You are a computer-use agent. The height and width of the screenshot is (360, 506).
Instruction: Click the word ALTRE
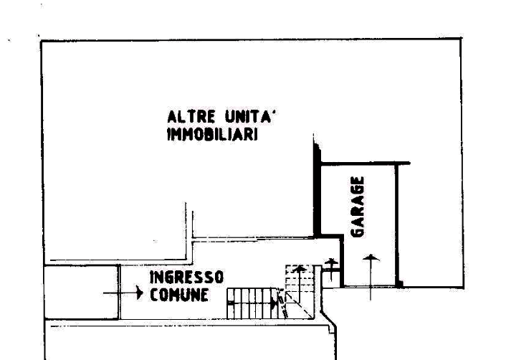[x=191, y=117]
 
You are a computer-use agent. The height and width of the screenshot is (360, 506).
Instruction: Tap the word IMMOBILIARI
[x=212, y=134]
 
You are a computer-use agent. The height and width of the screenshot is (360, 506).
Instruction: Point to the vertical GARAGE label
[x=358, y=207]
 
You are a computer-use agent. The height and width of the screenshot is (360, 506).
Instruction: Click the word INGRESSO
[x=186, y=278]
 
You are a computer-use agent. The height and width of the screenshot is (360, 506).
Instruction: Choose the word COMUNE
[x=179, y=295]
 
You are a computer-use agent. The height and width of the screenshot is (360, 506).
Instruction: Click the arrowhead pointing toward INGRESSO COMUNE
[x=140, y=293]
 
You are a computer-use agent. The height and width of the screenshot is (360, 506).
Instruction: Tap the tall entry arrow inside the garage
[x=371, y=277]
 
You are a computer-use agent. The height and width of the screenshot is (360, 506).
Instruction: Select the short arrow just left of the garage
[x=331, y=270]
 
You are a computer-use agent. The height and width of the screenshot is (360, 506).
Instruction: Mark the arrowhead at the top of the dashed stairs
[x=300, y=269]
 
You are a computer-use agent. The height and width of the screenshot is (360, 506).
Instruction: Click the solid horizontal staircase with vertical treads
[x=252, y=303]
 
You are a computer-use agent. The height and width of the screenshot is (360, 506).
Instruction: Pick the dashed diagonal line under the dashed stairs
[x=299, y=305]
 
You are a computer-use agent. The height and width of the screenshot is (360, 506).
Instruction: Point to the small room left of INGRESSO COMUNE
[x=81, y=292]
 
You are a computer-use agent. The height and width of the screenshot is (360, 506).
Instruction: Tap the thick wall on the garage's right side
[x=397, y=225]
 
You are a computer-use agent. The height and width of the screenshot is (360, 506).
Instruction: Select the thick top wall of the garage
[x=366, y=164]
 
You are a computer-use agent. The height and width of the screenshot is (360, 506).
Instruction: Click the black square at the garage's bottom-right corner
[x=399, y=284]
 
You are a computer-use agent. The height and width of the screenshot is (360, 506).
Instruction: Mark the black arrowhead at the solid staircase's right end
[x=274, y=303]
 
